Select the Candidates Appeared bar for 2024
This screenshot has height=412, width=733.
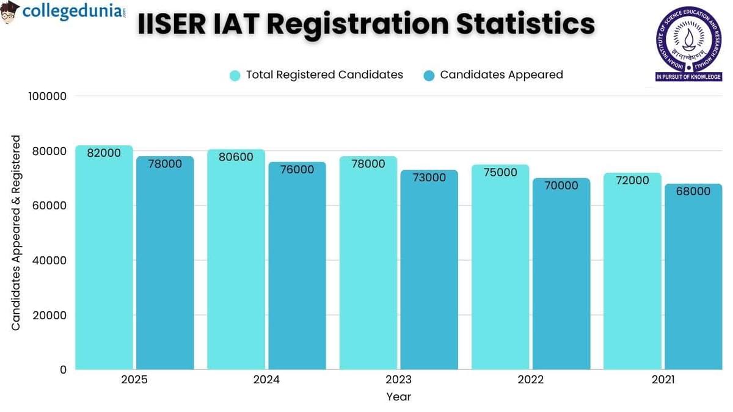pyautogui.click(x=297, y=269)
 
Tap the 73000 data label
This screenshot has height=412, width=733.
pyautogui.click(x=429, y=178)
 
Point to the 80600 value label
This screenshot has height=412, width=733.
pyautogui.click(x=236, y=157)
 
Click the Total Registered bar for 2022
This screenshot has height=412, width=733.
pyautogui.click(x=500, y=269)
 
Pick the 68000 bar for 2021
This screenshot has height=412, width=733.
pyautogui.click(x=693, y=278)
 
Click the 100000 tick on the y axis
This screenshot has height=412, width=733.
pyautogui.click(x=48, y=96)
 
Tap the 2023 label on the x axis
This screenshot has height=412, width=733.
pyautogui.click(x=398, y=380)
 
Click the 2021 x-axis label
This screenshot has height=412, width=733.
pyautogui.click(x=663, y=380)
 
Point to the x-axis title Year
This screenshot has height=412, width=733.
pyautogui.click(x=398, y=397)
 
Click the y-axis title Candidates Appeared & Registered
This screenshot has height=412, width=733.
pyautogui.click(x=16, y=233)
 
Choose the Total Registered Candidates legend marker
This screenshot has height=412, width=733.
pyautogui.click(x=235, y=75)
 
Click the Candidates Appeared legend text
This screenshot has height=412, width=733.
pyautogui.click(x=501, y=74)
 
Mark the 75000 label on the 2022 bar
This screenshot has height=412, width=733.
pyautogui.click(x=500, y=172)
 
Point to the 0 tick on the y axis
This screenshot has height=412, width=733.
pyautogui.click(x=63, y=370)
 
